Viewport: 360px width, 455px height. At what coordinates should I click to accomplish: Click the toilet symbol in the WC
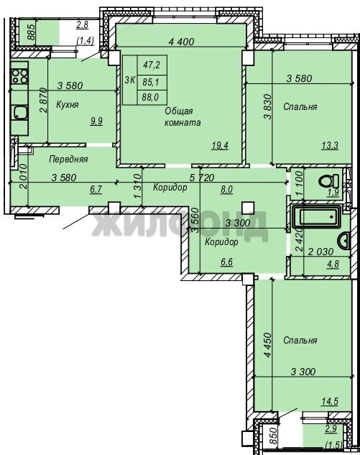pos(328,181)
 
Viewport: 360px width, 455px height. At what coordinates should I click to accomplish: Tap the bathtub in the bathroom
pos(317,216)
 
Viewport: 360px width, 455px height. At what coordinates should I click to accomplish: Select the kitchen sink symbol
pos(19,112)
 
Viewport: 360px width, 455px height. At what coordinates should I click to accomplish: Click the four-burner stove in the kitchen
pos(19,76)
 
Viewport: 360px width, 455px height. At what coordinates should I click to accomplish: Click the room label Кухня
pos(68,104)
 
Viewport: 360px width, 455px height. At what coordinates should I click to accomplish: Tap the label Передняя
pos(68,159)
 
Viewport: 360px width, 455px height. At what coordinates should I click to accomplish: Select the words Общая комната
pos(183,116)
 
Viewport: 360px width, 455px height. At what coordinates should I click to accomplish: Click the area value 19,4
pos(220,145)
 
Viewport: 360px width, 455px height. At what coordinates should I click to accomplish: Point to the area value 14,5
pos(330,402)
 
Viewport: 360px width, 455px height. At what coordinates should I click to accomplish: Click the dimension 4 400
pos(181,42)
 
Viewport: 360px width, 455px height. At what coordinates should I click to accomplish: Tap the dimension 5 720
pos(201,178)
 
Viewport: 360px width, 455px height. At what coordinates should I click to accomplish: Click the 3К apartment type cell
pos(129,80)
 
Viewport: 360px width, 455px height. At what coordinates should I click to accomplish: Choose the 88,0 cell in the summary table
pos(151,97)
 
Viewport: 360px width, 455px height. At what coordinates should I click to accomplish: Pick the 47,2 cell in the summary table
pos(152,65)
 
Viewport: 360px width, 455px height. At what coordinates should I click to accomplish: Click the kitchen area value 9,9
pos(96,121)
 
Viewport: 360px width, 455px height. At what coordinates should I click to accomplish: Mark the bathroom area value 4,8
pos(333,264)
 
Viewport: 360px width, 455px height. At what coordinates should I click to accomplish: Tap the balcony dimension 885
pos(31,32)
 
